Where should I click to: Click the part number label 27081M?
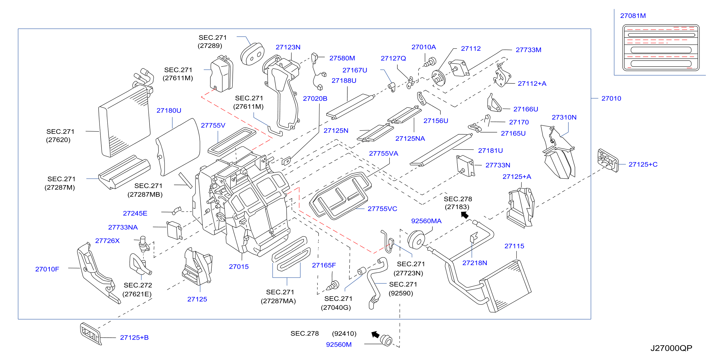click(633, 16)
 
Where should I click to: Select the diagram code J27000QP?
click(671, 348)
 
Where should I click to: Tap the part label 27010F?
click(47, 269)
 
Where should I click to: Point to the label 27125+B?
click(134, 337)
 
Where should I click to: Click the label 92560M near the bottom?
click(339, 344)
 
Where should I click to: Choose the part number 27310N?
click(564, 117)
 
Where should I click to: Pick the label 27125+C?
click(643, 164)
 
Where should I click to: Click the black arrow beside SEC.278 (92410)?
click(375, 335)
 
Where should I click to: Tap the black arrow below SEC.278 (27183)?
click(465, 215)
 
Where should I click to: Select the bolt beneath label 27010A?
click(430, 62)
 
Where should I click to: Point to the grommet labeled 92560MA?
click(416, 240)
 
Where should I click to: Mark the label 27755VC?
click(382, 209)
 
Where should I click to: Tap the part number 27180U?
click(169, 111)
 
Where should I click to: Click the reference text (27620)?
click(58, 140)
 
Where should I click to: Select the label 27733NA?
click(123, 227)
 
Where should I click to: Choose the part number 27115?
click(514, 246)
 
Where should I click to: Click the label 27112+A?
click(532, 83)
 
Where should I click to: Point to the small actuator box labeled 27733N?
click(465, 166)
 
